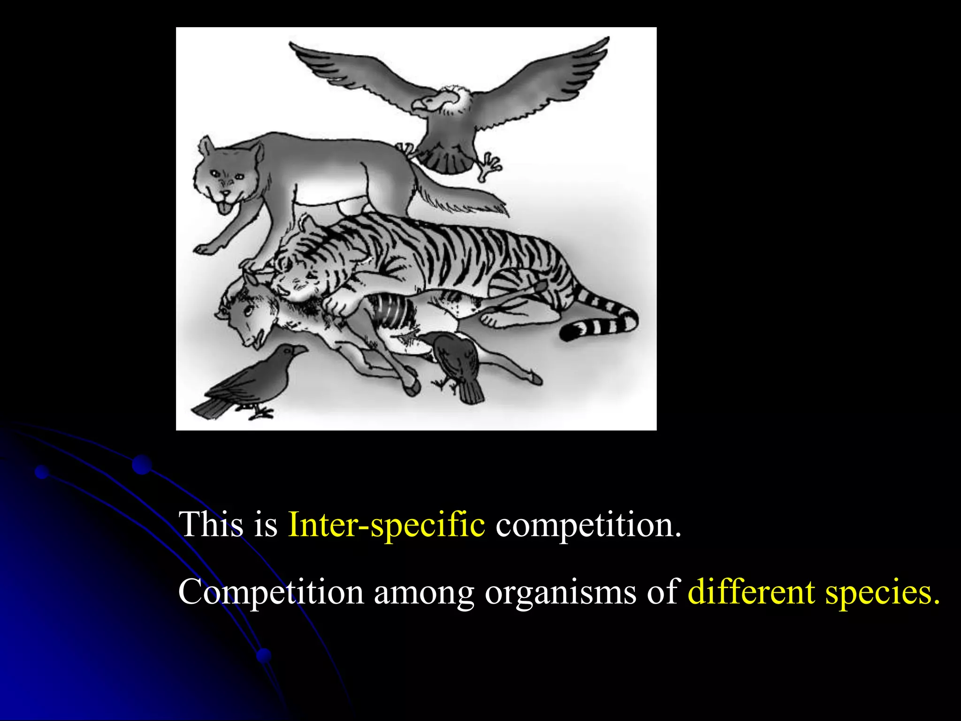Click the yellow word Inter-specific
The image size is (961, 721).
(x=387, y=525)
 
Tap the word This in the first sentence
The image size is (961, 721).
(x=212, y=525)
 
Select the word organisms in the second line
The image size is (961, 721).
(x=561, y=592)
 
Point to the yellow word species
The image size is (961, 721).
(x=882, y=592)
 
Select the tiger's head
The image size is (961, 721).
(x=300, y=272)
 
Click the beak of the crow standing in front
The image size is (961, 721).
(x=298, y=350)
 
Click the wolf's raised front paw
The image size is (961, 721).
(x=206, y=248)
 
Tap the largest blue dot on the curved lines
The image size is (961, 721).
(x=142, y=465)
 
